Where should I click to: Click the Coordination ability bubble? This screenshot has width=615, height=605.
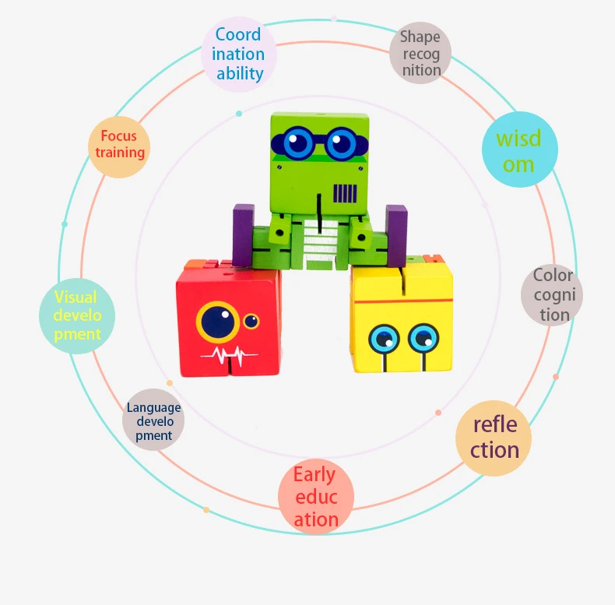pos(239,55)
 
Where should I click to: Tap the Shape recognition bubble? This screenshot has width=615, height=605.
pos(421,53)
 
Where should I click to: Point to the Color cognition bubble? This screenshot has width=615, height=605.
pos(553,294)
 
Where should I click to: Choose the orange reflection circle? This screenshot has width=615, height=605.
pos(494,438)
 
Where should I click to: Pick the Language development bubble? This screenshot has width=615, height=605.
pos(153,421)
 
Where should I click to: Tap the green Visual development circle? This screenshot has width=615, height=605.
pos(77,315)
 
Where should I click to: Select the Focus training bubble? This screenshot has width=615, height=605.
pos(118,145)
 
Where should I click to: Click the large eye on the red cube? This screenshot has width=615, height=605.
pos(217,322)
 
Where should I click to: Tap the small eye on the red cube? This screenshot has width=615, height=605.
pos(251,321)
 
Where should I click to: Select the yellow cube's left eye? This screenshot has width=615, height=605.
pos(385,338)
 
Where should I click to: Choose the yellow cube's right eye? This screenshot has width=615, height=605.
pos(423,337)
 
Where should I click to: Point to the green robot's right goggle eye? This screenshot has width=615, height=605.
pos(340,142)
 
